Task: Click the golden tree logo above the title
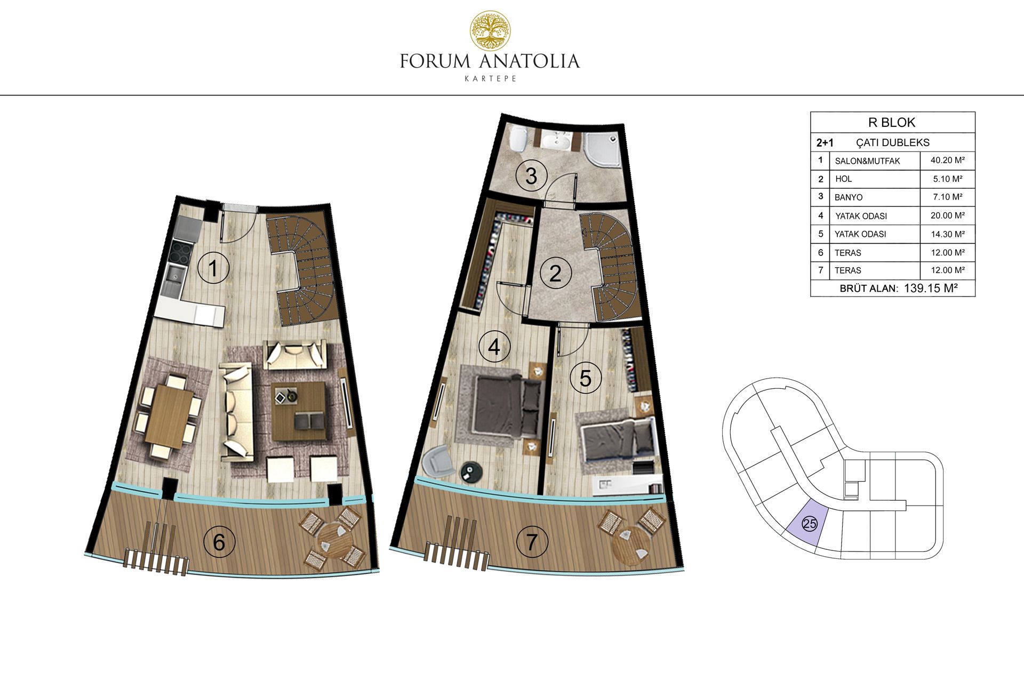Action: [x=490, y=30]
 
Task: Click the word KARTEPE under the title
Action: [x=490, y=78]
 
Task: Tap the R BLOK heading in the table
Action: [x=892, y=123]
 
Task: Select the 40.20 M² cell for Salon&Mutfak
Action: [x=947, y=160]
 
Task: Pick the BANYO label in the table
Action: [x=849, y=197]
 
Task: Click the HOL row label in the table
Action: [x=843, y=179]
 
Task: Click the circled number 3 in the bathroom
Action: [x=531, y=176]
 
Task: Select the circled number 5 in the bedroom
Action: [x=585, y=378]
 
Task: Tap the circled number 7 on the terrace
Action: [x=531, y=542]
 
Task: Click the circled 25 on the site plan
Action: [x=809, y=524]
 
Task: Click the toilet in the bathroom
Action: [x=518, y=140]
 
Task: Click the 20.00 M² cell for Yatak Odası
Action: [x=948, y=215]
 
